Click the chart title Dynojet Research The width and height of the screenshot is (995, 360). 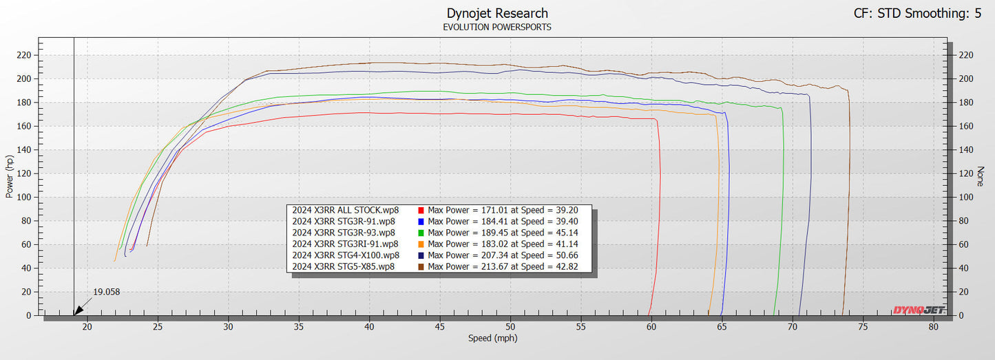click(497, 13)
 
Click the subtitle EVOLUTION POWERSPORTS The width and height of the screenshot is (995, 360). click(497, 28)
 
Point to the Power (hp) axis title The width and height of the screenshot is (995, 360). click(10, 177)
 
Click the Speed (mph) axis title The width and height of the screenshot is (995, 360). click(492, 338)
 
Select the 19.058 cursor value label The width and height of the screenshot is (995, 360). click(106, 292)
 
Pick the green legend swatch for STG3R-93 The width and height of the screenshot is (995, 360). click(421, 232)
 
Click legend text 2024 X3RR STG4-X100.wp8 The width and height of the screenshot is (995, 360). click(345, 255)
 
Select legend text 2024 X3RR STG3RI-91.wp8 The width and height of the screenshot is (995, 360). click(345, 244)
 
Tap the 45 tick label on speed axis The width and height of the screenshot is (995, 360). click(439, 327)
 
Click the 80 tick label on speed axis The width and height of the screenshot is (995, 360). click(933, 327)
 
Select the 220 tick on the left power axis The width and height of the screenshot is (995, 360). click(25, 55)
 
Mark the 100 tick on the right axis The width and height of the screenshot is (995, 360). click(966, 197)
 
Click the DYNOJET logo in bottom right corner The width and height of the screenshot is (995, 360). click(919, 310)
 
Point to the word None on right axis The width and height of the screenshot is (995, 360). click(982, 177)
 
